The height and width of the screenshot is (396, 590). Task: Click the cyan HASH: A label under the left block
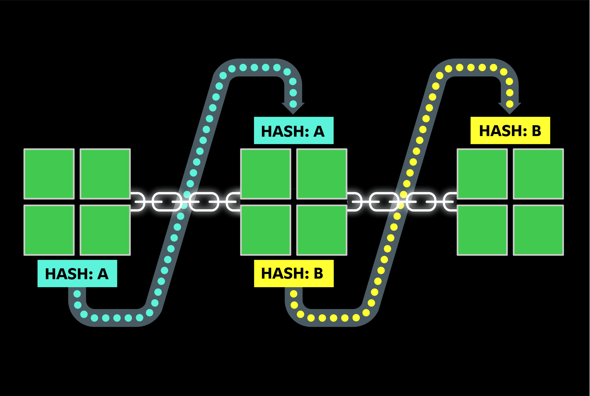[77, 273]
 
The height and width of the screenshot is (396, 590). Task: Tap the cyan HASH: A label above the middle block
[294, 131]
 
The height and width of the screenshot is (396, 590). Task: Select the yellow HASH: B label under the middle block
[294, 273]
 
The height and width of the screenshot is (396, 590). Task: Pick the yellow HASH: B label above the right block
[510, 131]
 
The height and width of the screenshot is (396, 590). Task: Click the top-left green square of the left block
[49, 174]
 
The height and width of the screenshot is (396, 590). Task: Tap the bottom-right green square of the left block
[105, 230]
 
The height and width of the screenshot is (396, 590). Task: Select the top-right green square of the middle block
[322, 174]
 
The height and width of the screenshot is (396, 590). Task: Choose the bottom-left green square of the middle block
[265, 230]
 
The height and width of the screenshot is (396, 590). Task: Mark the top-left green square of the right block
[482, 174]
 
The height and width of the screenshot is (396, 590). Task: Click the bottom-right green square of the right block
[538, 230]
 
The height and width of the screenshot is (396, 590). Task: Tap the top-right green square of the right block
[538, 174]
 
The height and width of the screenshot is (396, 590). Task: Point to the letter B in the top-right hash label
[536, 131]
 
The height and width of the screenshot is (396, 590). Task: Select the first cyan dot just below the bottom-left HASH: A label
[77, 294]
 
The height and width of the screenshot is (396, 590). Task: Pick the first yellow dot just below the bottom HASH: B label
[294, 294]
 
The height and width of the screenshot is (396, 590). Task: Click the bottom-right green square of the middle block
[322, 230]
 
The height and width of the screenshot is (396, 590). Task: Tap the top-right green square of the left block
[105, 174]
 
